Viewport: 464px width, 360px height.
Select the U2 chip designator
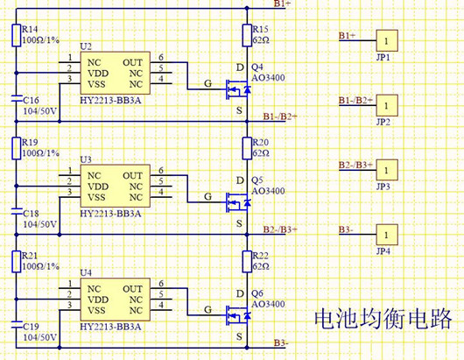coord(85,46)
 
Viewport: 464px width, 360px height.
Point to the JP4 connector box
coord(385,236)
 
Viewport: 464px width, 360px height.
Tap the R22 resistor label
coord(259,256)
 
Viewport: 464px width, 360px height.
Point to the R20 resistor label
coord(259,142)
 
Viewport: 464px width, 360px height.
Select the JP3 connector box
coord(385,170)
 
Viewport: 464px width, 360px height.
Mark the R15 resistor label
coord(259,30)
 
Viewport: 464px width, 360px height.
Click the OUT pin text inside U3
coord(131,176)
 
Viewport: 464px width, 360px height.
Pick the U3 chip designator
coord(85,159)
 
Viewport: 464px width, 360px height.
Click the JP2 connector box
coord(385,105)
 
